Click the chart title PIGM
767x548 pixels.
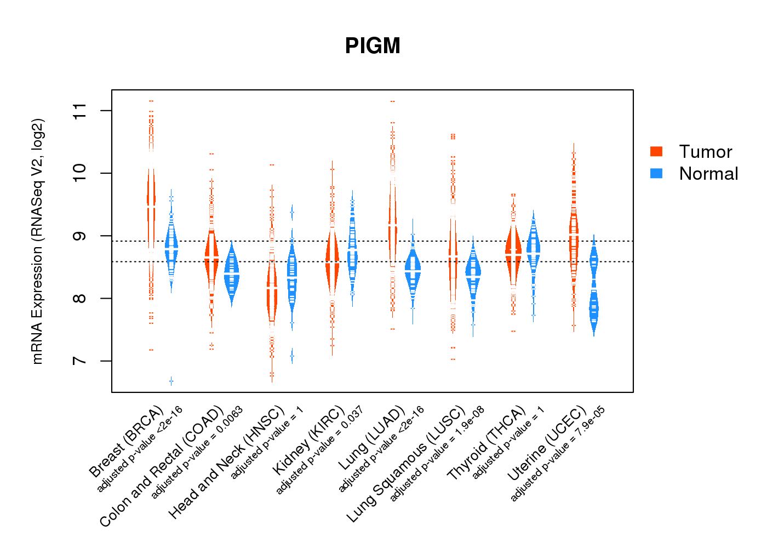point(373,46)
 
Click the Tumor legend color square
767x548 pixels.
point(656,152)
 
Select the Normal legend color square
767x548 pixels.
point(656,174)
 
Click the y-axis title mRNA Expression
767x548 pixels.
point(37,241)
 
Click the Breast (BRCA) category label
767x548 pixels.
point(127,442)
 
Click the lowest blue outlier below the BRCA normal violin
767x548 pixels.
point(171,381)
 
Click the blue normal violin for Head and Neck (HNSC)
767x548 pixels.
point(292,279)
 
